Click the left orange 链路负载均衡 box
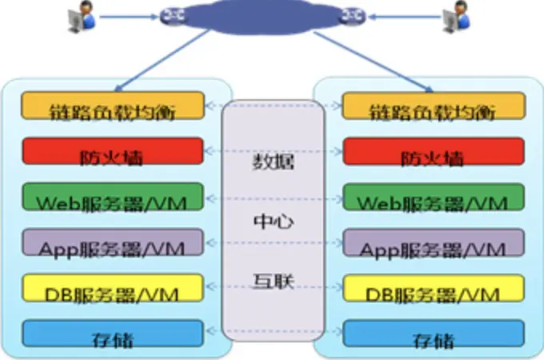point(111,106)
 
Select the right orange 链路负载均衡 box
point(434,106)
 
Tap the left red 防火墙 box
point(111,150)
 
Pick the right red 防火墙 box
point(434,150)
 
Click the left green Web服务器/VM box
point(111,196)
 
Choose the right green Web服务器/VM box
point(434,196)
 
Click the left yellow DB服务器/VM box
point(111,287)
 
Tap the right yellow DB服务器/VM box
point(434,287)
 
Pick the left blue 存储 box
point(111,333)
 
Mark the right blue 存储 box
point(434,333)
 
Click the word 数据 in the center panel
point(273,164)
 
